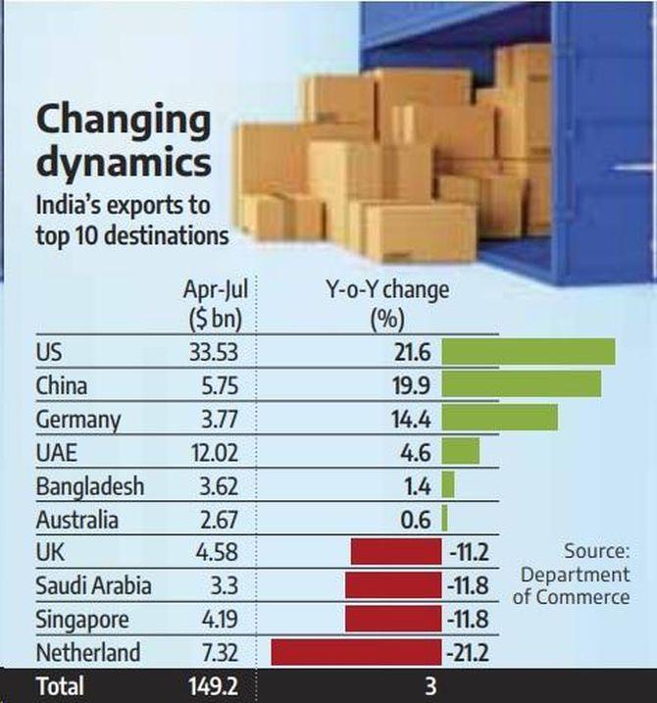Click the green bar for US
[528, 352]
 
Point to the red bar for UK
[396, 552]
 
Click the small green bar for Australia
[444, 519]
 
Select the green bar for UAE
[460, 452]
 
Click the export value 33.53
[211, 352]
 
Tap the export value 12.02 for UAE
[212, 452]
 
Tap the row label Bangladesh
[89, 486]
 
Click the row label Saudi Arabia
[93, 586]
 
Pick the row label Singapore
[82, 620]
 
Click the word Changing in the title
[124, 122]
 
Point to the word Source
[596, 551]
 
